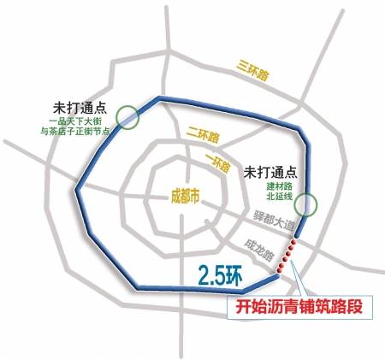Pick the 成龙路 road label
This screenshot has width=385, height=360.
260,249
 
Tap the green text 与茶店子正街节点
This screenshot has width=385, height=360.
75,133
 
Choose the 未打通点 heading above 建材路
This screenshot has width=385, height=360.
269,171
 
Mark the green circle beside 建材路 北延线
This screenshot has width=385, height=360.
307,204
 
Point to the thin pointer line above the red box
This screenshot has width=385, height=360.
295,279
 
